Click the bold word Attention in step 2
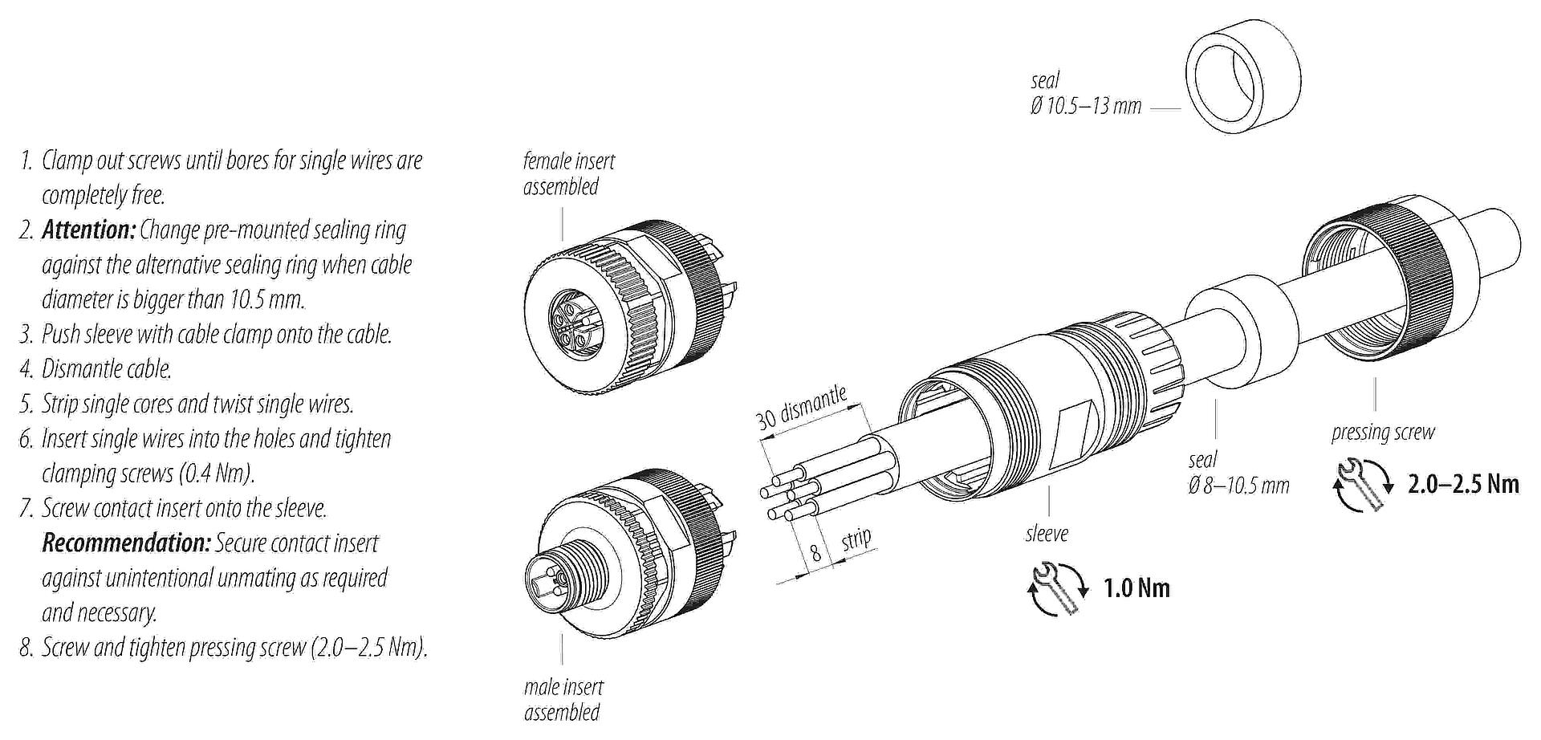click(88, 230)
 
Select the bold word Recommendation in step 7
click(125, 543)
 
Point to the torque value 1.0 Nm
click(1136, 588)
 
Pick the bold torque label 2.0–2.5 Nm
click(1463, 483)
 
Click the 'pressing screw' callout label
click(1382, 433)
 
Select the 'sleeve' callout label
click(1047, 534)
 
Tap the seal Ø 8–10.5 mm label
click(1238, 473)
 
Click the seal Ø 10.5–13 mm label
click(1085, 94)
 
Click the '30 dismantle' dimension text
click(801, 408)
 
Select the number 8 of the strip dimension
click(815, 552)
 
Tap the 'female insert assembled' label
click(568, 174)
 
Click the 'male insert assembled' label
click(563, 699)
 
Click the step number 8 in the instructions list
click(26, 648)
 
